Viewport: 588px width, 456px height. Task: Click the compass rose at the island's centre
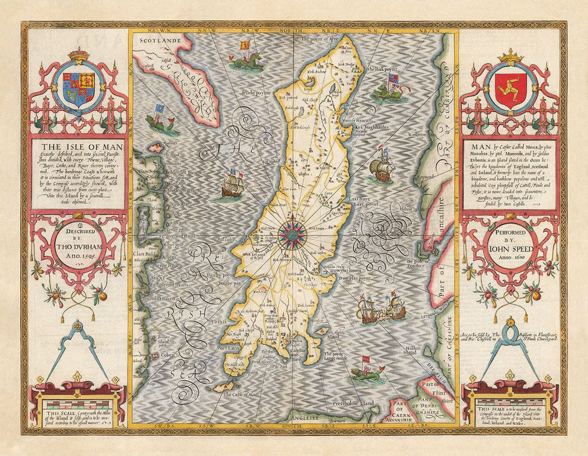pos(290,231)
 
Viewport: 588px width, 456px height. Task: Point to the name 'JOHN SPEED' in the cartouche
pos(508,248)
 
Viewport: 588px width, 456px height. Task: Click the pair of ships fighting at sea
pos(382,309)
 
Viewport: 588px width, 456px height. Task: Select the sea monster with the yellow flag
pos(246,59)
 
